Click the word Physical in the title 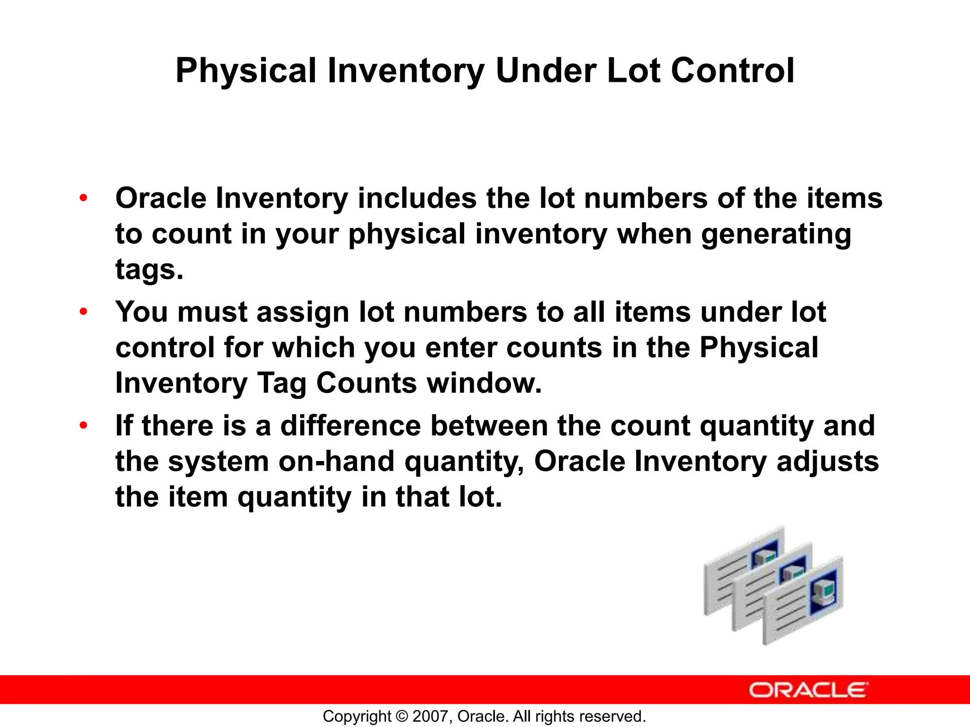pos(245,71)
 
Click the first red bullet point pos(83,198)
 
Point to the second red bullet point pos(83,312)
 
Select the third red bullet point pos(83,426)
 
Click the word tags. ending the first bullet pos(149,270)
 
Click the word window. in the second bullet pos(484,383)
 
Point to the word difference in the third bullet pos(350,426)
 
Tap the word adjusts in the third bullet pos(827,461)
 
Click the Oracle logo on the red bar pos(808,690)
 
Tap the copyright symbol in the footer pos(402,717)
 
